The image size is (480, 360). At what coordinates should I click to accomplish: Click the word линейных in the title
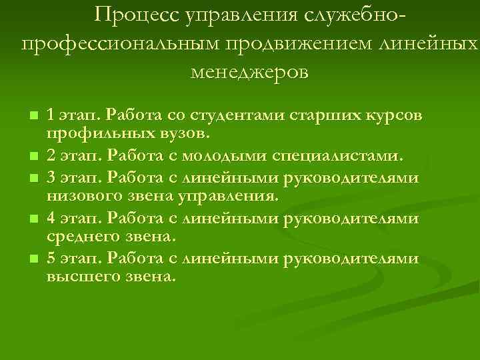tap(428, 42)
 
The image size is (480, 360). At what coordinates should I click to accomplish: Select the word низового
tap(83, 197)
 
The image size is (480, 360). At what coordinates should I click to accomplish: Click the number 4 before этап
tap(52, 217)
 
